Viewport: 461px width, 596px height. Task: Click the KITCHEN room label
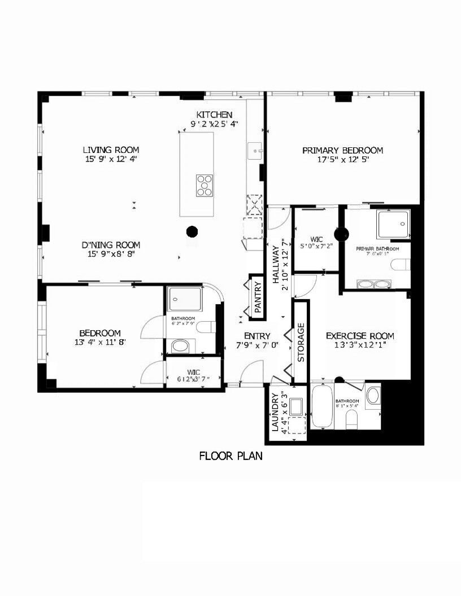pos(214,114)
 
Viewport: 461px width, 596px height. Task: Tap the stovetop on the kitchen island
pos(205,185)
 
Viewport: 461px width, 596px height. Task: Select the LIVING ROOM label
pos(111,150)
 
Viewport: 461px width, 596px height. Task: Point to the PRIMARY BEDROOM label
pos(342,150)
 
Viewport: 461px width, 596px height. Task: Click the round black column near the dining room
pos(192,231)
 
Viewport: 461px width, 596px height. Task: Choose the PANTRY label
pos(257,297)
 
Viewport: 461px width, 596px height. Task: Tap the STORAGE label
pos(301,342)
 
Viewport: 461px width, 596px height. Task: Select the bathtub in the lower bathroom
pos(322,406)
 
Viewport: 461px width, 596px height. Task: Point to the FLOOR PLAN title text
pos(230,456)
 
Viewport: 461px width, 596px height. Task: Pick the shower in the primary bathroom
pos(392,225)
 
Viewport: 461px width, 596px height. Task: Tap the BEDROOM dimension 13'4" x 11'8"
pos(99,341)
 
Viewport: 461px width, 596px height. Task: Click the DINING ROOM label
pos(111,245)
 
